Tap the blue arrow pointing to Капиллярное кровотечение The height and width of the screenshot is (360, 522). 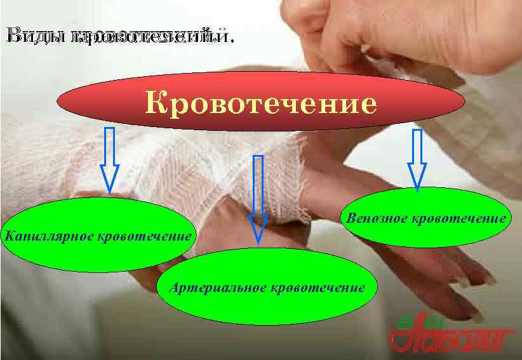click(x=110, y=159)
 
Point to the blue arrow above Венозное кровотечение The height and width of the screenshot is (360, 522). click(x=417, y=159)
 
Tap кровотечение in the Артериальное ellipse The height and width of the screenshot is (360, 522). click(x=318, y=288)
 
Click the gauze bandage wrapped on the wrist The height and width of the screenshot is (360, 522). click(x=191, y=165)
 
